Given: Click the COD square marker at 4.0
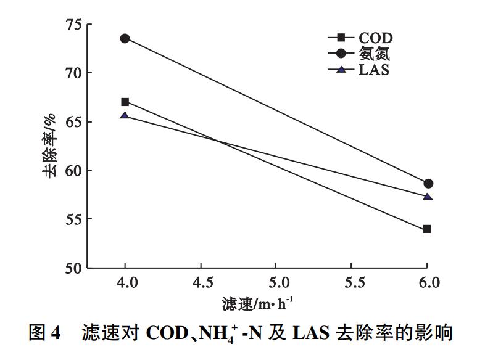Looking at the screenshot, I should pyautogui.click(x=125, y=102).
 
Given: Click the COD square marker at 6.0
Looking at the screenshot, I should pyautogui.click(x=427, y=229).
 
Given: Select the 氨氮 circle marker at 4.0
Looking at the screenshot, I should pyautogui.click(x=125, y=38).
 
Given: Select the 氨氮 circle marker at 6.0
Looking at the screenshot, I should pyautogui.click(x=428, y=184).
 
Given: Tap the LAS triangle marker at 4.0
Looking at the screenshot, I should pyautogui.click(x=125, y=115).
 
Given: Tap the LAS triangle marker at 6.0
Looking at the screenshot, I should pyautogui.click(x=427, y=197).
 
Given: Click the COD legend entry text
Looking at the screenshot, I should pyautogui.click(x=375, y=39).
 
